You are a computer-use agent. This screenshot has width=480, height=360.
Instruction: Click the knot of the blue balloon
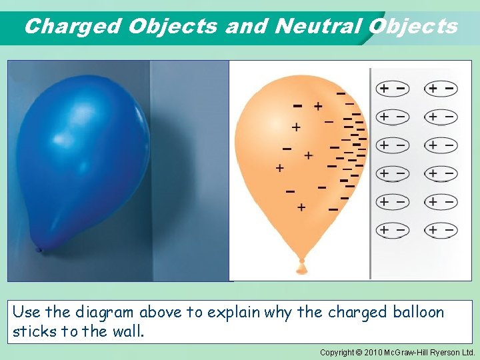(39, 251)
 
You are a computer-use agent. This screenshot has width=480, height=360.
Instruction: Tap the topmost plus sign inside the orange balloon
(318, 106)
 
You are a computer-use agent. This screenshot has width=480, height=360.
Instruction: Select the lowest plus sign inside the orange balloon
(301, 207)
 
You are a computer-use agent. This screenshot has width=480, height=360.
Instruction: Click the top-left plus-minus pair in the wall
(392, 88)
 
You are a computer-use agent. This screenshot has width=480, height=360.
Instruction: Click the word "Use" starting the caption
(25, 313)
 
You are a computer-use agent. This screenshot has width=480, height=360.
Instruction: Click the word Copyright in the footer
(337, 352)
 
